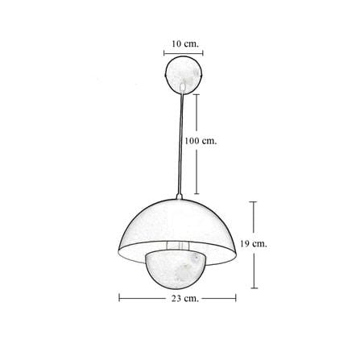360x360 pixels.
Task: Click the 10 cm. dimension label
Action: click(185, 43)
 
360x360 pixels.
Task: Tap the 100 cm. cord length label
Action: click(201, 141)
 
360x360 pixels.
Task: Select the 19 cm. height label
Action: click(254, 244)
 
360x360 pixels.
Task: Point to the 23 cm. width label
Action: click(185, 298)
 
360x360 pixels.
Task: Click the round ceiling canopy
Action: click(184, 74)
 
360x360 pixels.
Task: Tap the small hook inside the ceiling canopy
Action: click(183, 86)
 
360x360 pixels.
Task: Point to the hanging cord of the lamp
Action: click(181, 143)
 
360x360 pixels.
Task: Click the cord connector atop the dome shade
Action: click(179, 197)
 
